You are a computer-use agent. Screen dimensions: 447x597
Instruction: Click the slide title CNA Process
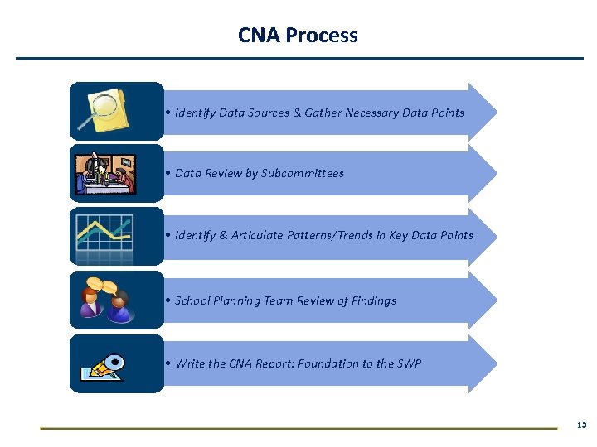pyautogui.click(x=298, y=36)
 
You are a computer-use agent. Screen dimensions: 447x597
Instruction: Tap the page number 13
pyautogui.click(x=580, y=425)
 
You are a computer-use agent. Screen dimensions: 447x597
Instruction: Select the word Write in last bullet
pyautogui.click(x=190, y=363)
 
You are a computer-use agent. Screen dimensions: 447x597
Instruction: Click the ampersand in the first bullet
pyautogui.click(x=297, y=113)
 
